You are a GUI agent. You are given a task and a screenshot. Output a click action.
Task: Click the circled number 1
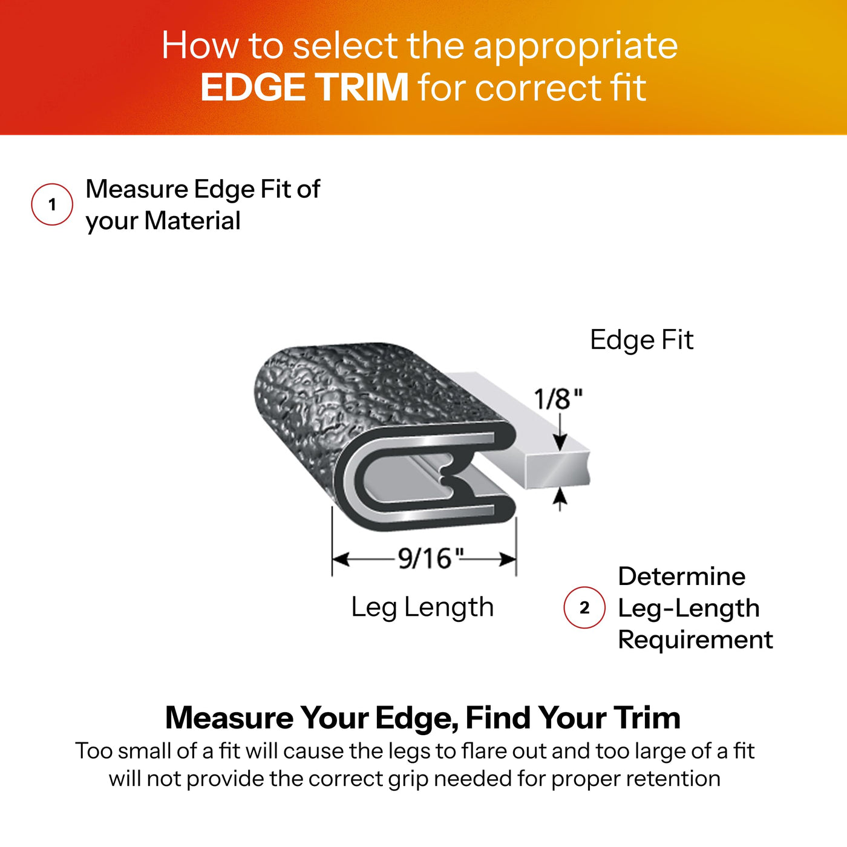click(52, 204)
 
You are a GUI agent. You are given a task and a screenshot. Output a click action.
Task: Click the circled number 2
click(584, 607)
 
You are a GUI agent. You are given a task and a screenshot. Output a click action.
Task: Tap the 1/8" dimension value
click(558, 399)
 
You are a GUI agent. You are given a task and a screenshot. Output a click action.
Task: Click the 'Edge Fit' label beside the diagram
click(642, 340)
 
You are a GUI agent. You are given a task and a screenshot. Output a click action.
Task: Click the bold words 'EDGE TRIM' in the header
click(304, 87)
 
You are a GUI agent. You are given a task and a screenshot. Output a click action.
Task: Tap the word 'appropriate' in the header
click(575, 47)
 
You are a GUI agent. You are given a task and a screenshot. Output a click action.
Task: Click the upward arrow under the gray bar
click(560, 500)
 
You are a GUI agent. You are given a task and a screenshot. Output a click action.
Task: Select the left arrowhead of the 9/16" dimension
click(341, 560)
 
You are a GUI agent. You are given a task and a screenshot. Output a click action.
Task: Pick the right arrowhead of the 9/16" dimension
click(508, 560)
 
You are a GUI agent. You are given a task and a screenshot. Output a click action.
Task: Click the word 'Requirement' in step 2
click(695, 639)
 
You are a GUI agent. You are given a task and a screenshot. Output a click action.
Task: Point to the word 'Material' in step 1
click(192, 220)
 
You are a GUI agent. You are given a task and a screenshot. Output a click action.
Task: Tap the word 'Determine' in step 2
click(682, 576)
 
